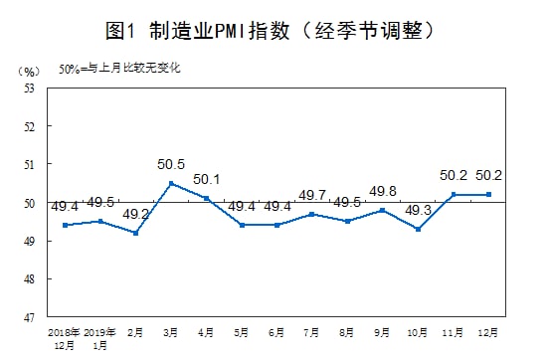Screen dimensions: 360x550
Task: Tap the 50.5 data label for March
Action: (171, 165)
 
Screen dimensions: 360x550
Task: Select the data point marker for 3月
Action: (171, 183)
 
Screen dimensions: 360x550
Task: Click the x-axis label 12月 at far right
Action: (488, 331)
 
